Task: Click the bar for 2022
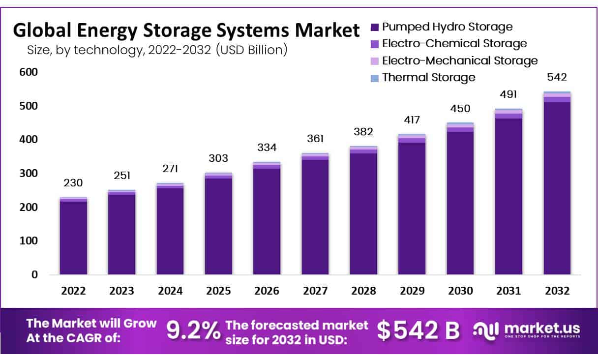click(x=73, y=236)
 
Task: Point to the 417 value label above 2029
click(x=412, y=120)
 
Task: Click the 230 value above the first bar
click(x=73, y=183)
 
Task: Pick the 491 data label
click(x=508, y=94)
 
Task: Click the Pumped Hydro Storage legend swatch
click(x=375, y=27)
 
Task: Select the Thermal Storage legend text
click(x=428, y=77)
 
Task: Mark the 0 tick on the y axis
click(x=34, y=275)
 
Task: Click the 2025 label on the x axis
click(x=218, y=291)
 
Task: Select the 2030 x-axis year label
click(x=460, y=291)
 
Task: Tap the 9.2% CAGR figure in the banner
click(x=193, y=331)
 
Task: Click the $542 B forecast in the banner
click(x=419, y=331)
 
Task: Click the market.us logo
click(x=526, y=330)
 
